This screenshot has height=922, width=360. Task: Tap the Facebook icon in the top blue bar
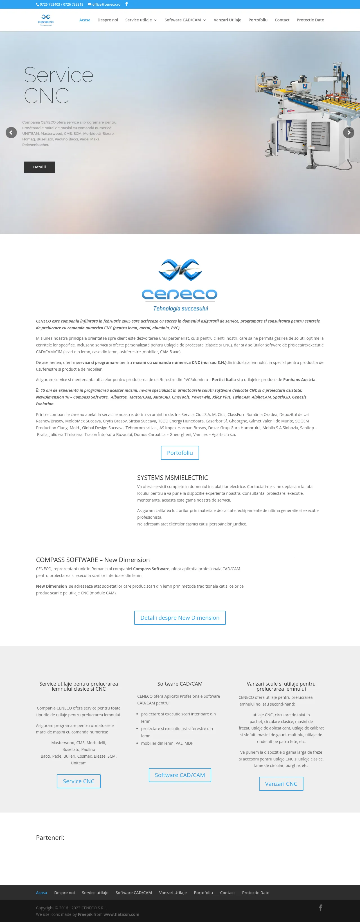[126, 4]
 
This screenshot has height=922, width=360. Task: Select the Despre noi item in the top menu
[108, 20]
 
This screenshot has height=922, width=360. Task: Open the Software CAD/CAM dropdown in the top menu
[185, 20]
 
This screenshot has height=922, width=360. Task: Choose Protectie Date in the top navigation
[310, 20]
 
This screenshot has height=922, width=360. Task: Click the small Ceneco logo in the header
[46, 20]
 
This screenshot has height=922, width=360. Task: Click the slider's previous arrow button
[11, 133]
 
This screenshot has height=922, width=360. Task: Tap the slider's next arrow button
[348, 133]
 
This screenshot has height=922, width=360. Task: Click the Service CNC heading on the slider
[58, 85]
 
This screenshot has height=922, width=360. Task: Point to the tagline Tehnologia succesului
[180, 308]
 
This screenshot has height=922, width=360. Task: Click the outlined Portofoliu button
[180, 453]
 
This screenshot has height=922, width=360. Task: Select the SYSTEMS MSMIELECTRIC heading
[172, 477]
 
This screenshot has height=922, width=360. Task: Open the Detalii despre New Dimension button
[180, 618]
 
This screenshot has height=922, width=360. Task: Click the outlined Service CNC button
[78, 781]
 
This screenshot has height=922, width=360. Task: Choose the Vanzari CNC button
[281, 784]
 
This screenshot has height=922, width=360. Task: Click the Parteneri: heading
[50, 838]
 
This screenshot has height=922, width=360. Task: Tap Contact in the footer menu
[227, 893]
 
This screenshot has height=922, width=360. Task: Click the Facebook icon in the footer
[321, 908]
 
